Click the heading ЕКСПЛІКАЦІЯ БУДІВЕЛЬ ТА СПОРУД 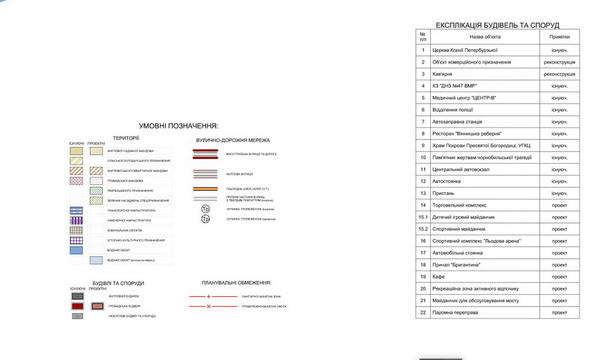pos(497,25)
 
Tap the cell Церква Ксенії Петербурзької pos(464,50)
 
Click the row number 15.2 pos(423,229)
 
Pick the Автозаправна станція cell pos(457,122)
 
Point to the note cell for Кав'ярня pos(560,74)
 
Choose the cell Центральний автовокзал pos(460,169)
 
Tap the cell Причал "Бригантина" pos(456,265)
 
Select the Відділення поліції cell pos(453,110)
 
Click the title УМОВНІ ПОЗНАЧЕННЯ pos(178,126)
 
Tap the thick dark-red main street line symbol pos(205,153)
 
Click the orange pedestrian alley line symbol pos(205,189)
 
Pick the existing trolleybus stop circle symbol pos(205,209)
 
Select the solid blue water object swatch pos(76,250)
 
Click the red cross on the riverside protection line pos(209,307)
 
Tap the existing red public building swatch pos(77,306)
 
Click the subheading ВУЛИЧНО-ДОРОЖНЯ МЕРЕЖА pos(233,140)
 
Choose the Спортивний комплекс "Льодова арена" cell pos(476,241)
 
